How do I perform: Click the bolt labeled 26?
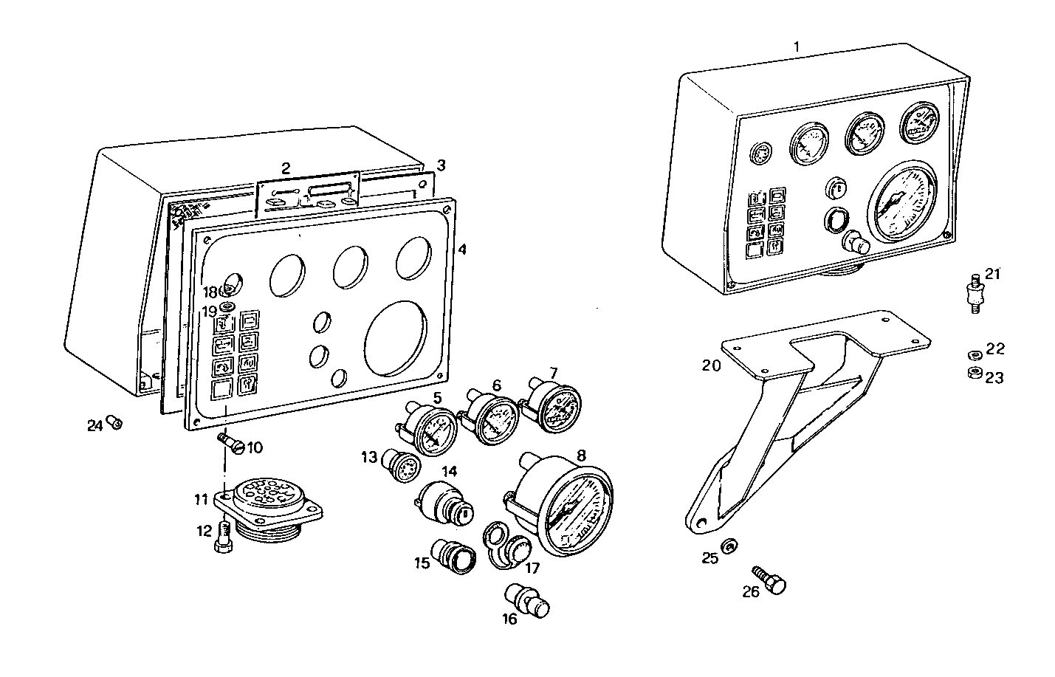(x=769, y=580)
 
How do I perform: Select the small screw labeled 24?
(x=115, y=423)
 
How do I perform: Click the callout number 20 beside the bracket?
(x=711, y=364)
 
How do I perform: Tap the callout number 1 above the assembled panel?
(x=796, y=46)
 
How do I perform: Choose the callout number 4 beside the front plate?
(x=462, y=250)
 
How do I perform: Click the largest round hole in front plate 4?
(x=397, y=336)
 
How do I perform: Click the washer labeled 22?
(x=974, y=354)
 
